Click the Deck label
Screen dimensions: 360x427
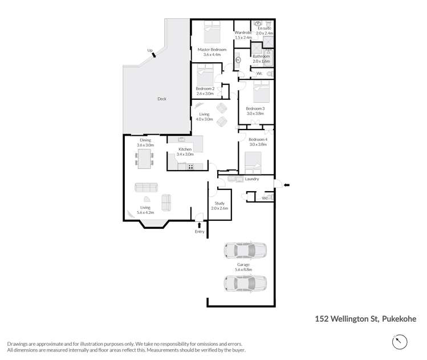coord(162,99)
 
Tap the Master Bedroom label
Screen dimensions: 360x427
coord(212,50)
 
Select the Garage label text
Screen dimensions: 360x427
coord(243,265)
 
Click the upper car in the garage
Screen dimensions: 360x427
coord(245,250)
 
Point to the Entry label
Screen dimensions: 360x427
coord(200,231)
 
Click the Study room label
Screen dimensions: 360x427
coord(219,203)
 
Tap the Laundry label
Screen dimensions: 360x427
coord(252,179)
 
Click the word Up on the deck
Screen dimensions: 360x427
coord(150,51)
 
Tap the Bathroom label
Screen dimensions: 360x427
coord(261,56)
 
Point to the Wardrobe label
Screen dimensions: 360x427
coord(243,33)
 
